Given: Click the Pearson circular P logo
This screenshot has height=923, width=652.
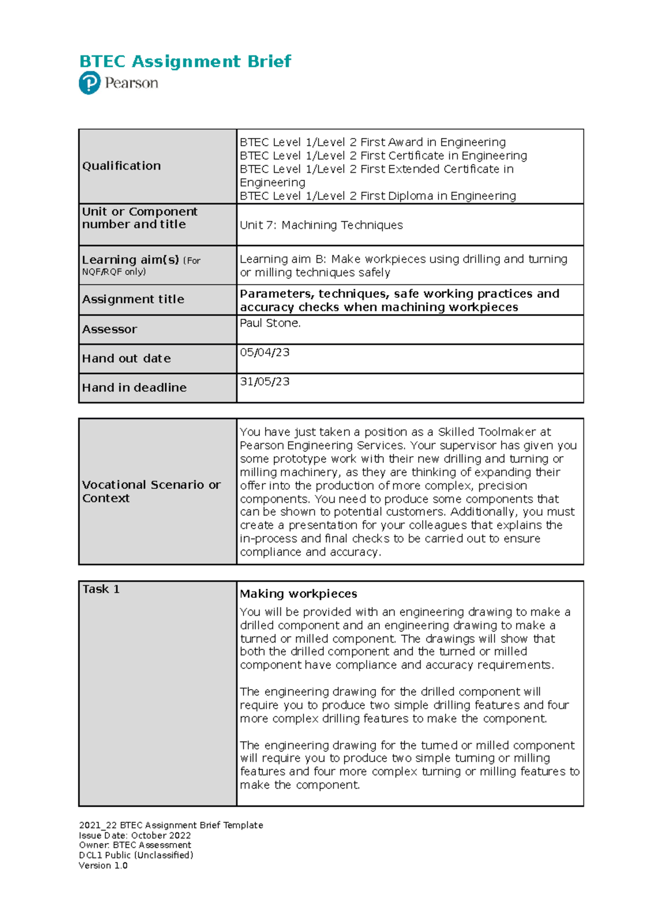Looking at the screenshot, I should pyautogui.click(x=90, y=83).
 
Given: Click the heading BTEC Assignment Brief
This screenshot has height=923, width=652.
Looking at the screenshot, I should pyautogui.click(x=185, y=61).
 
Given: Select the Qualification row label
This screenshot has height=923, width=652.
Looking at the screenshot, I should pyautogui.click(x=121, y=166).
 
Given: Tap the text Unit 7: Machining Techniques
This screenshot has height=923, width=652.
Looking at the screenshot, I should pyautogui.click(x=321, y=225).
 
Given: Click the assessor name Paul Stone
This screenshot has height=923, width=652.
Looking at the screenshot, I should pyautogui.click(x=270, y=323).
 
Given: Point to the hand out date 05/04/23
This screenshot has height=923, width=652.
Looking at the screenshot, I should pyautogui.click(x=265, y=352).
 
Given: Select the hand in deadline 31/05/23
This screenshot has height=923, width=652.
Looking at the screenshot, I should pyautogui.click(x=265, y=382).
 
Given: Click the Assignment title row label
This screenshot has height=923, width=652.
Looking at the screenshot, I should pyautogui.click(x=133, y=299).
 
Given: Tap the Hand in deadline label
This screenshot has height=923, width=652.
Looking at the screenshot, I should pyautogui.click(x=134, y=388).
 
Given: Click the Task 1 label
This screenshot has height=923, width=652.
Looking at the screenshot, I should pyautogui.click(x=101, y=589).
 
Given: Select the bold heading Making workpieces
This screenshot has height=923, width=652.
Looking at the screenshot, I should pyautogui.click(x=298, y=594).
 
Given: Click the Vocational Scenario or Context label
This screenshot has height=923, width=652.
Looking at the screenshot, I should pyautogui.click(x=151, y=491).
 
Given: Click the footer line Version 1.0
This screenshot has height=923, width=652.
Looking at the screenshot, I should pyautogui.click(x=103, y=865).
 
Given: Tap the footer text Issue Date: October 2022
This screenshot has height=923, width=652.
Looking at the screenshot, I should pyautogui.click(x=135, y=835).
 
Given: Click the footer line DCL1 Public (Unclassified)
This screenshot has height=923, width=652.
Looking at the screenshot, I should pyautogui.click(x=136, y=855).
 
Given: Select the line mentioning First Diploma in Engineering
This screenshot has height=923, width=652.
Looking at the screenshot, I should pyautogui.click(x=378, y=196).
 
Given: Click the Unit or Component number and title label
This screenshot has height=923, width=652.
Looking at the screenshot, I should pyautogui.click(x=140, y=218).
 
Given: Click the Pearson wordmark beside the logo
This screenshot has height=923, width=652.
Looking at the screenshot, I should pyautogui.click(x=131, y=83).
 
